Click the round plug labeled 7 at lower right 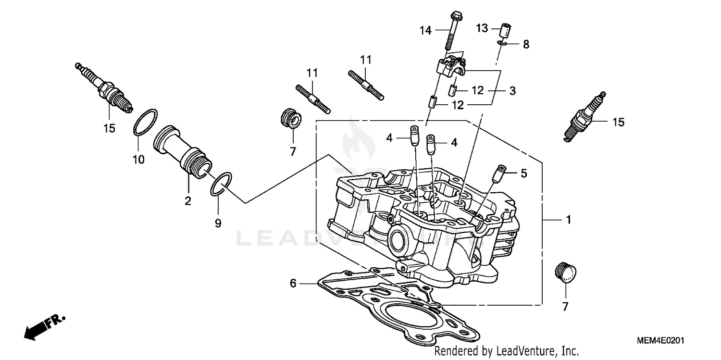coord(565,273)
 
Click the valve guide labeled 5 coord(499,172)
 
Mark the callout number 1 coord(568,220)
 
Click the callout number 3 coord(512,90)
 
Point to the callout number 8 coord(526,45)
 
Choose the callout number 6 coord(293,284)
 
